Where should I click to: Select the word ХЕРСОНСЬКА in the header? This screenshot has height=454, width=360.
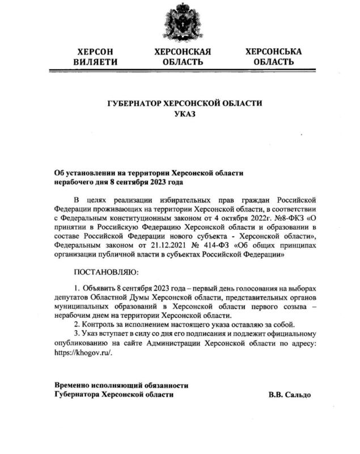[x=274, y=52]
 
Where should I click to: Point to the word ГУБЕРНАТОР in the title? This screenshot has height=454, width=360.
[x=137, y=104]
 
